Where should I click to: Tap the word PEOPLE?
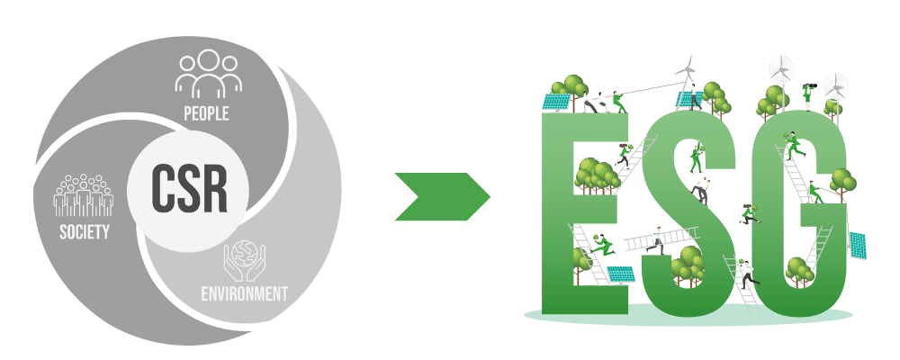point(206,113)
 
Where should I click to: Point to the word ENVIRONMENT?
point(244,293)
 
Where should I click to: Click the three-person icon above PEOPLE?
point(208,75)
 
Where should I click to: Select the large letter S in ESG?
point(684,216)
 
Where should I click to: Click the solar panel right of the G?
point(857,243)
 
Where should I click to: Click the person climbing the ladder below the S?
point(745,270)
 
